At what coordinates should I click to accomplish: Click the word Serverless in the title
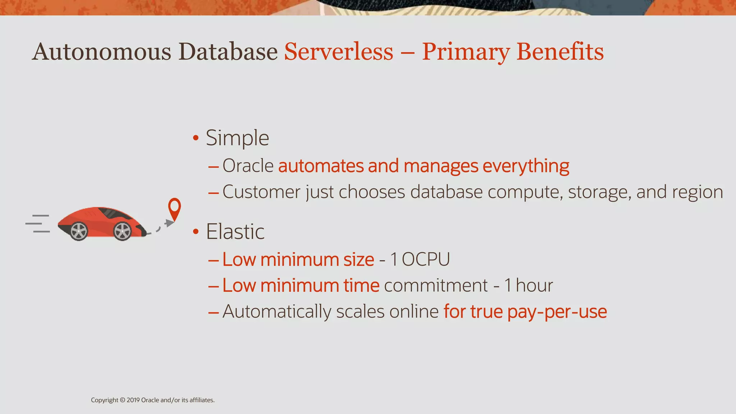pyautogui.click(x=339, y=52)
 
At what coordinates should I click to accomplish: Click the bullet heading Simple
pyautogui.click(x=237, y=138)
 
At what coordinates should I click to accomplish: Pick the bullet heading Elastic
pyautogui.click(x=235, y=231)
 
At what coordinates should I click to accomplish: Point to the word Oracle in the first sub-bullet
pyautogui.click(x=248, y=166)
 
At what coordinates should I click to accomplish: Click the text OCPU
pyautogui.click(x=425, y=259)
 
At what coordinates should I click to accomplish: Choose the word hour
pyautogui.click(x=534, y=285)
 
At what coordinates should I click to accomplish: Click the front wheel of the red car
pyautogui.click(x=123, y=231)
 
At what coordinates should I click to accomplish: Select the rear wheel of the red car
pyautogui.click(x=79, y=231)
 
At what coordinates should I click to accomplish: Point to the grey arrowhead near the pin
pyautogui.click(x=169, y=223)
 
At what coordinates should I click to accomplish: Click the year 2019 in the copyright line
pyautogui.click(x=133, y=400)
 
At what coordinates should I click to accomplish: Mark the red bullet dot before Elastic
pyautogui.click(x=196, y=231)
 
